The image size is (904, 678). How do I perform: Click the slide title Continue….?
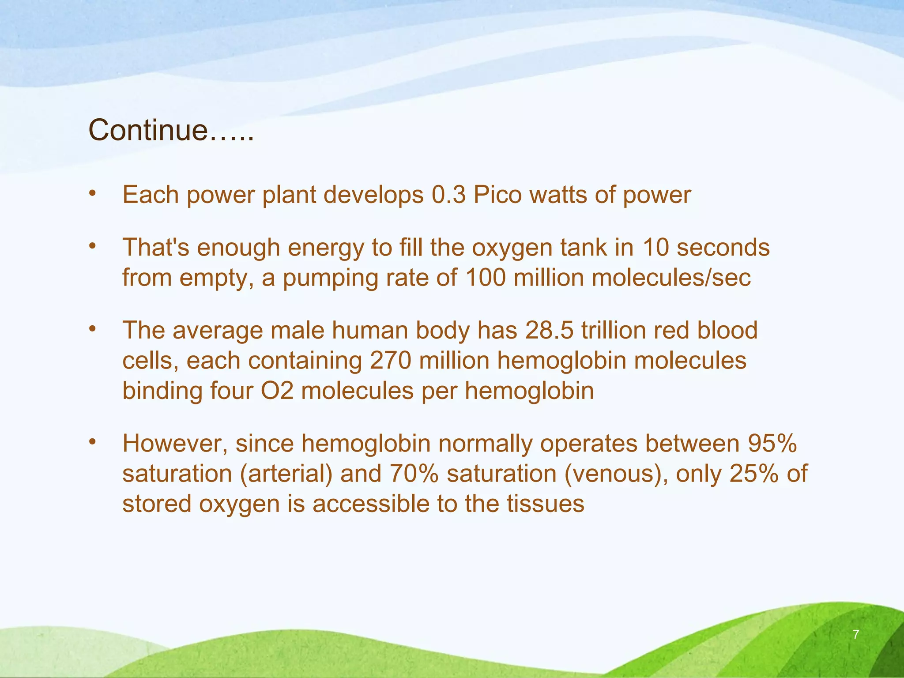click(x=171, y=131)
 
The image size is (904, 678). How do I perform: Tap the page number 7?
click(x=856, y=634)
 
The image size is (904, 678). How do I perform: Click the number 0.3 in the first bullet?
click(x=448, y=195)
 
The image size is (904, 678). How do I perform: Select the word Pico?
click(x=498, y=195)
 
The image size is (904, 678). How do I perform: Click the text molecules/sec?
click(x=671, y=278)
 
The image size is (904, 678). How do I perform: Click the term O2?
click(x=277, y=391)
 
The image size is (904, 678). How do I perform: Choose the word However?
click(x=175, y=443)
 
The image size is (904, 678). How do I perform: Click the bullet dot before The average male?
click(x=92, y=329)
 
